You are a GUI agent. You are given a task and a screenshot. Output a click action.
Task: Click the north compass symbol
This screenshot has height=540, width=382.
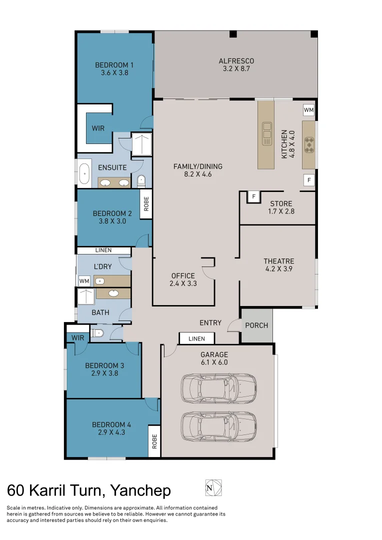pos(213,487)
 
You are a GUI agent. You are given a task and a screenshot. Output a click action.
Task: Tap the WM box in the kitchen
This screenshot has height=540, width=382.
pos(308,109)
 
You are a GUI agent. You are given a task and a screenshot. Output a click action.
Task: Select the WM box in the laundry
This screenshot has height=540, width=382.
pos(84,281)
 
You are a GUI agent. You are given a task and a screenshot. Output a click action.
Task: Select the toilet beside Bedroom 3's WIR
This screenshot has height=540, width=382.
pos(97,332)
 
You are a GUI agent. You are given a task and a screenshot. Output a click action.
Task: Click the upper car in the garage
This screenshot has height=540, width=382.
pos(219,388)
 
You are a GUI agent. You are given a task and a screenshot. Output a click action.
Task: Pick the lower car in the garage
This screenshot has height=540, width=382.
pos(219,425)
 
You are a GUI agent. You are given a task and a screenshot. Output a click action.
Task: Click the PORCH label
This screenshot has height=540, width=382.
pos(256,325)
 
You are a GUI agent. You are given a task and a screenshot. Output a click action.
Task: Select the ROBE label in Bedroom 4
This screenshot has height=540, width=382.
pos(154,441)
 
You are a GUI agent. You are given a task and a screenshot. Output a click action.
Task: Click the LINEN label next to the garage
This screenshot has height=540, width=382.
pos(196,339)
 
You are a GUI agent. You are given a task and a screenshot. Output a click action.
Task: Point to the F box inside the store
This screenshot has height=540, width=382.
pos(253,196)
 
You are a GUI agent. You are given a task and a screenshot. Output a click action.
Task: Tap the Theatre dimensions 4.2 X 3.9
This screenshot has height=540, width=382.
pos(278,269)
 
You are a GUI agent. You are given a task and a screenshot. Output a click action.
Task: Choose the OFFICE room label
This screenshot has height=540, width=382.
pos(183,275)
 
